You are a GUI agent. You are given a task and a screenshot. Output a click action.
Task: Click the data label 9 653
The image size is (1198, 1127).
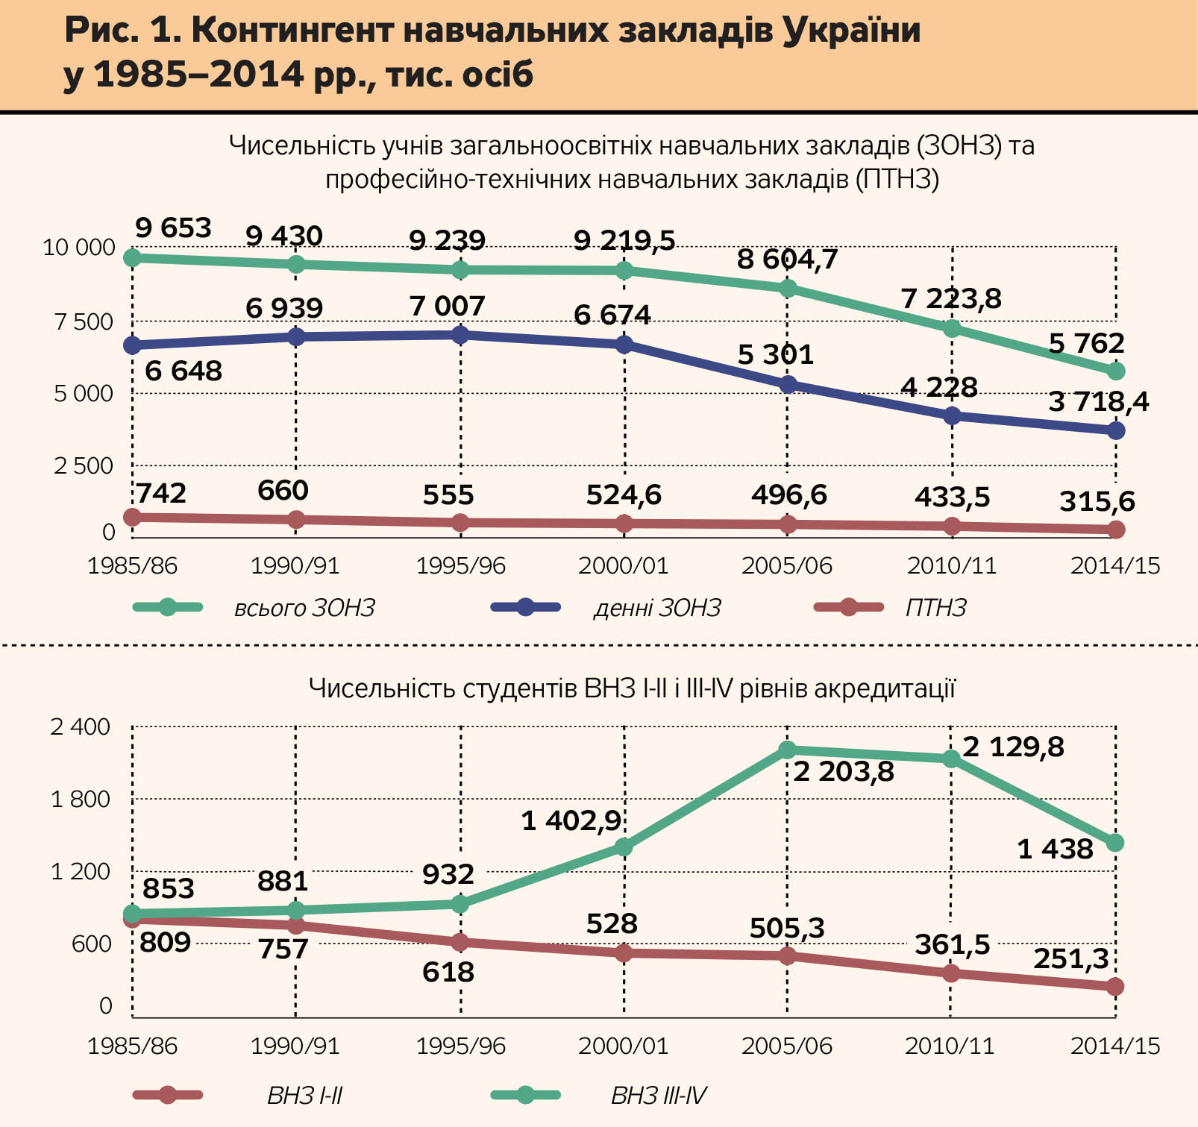[173, 227]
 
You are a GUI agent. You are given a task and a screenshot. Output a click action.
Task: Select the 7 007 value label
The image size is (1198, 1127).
[447, 306]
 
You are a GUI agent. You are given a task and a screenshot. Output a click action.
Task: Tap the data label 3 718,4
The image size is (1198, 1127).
[1098, 402]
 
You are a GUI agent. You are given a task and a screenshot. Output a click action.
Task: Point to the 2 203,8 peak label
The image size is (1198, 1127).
[843, 771]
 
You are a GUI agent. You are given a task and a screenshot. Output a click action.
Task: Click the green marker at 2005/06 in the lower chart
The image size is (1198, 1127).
[788, 750]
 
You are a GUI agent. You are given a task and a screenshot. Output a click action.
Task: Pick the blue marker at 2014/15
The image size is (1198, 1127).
[1116, 430]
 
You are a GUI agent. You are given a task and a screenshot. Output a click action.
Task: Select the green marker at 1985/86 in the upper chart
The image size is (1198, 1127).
[132, 258]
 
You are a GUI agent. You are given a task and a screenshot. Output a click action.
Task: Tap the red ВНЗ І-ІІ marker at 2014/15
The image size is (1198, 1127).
[1115, 987]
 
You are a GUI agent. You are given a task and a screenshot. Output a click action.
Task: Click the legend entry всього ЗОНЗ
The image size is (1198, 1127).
[304, 608]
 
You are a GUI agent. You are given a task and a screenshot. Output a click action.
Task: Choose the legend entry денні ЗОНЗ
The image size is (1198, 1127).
[657, 608]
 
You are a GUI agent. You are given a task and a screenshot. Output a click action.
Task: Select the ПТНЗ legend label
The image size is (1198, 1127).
[935, 608]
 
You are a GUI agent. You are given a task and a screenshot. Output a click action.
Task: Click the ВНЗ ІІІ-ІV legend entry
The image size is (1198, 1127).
[658, 1096]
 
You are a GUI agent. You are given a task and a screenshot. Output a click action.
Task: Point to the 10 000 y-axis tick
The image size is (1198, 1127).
[79, 247]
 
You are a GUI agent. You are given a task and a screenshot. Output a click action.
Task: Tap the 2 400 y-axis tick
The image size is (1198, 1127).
[80, 726]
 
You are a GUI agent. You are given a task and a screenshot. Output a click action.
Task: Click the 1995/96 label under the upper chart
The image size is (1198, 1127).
[460, 565]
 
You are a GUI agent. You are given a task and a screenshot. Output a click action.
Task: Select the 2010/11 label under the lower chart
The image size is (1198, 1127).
[950, 1046]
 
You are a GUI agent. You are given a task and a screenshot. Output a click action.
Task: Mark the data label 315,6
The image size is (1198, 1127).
[1097, 502]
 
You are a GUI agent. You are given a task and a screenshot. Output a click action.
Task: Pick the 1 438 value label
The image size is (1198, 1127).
[1055, 849]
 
